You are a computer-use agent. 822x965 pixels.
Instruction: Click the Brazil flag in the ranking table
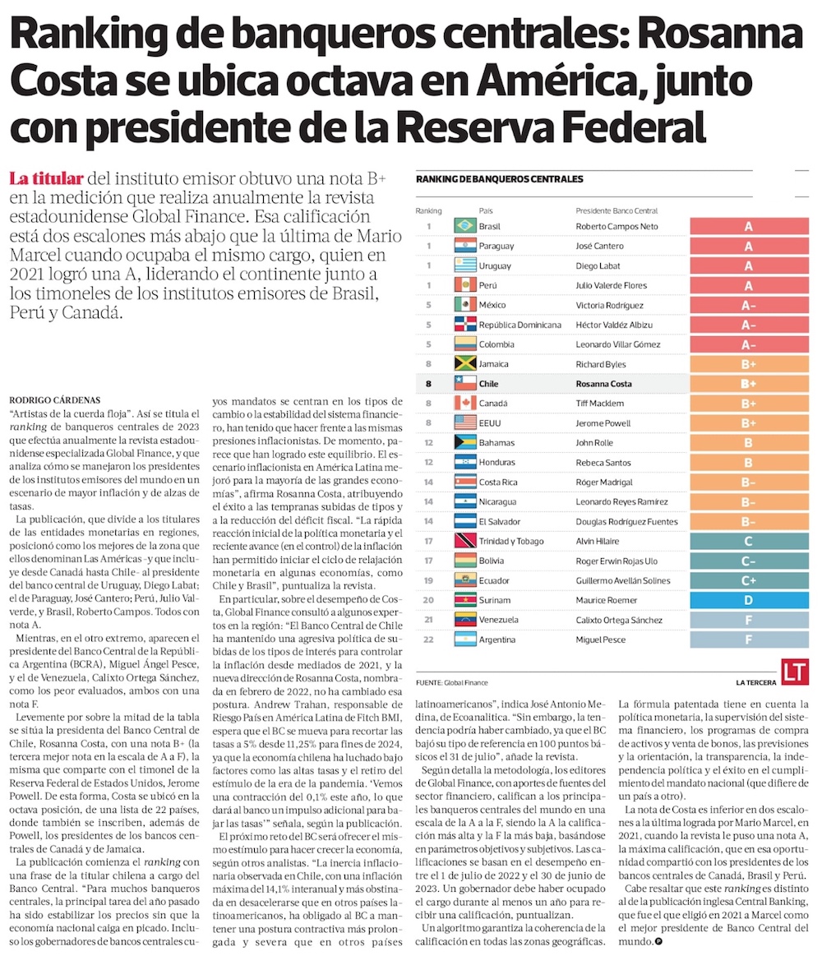465,226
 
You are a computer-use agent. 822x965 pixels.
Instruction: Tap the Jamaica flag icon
465,364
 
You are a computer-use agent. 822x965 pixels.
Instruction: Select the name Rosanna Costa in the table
604,384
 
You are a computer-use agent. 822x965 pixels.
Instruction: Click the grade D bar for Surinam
748,601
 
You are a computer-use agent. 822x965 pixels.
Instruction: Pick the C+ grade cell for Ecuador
748,581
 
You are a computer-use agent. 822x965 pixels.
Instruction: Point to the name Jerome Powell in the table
603,423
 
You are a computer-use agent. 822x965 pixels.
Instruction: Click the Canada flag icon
465,404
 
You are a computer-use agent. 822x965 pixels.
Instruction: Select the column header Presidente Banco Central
616,211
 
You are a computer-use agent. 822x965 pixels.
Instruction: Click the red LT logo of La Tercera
793,671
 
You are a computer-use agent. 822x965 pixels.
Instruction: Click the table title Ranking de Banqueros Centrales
500,179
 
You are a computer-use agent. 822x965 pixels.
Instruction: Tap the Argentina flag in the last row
465,640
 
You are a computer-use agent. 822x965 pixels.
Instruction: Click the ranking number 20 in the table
428,601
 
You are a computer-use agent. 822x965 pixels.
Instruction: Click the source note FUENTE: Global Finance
452,683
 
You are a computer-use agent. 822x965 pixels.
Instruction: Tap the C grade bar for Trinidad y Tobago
748,542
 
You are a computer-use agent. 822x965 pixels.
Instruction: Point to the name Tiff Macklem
601,404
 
